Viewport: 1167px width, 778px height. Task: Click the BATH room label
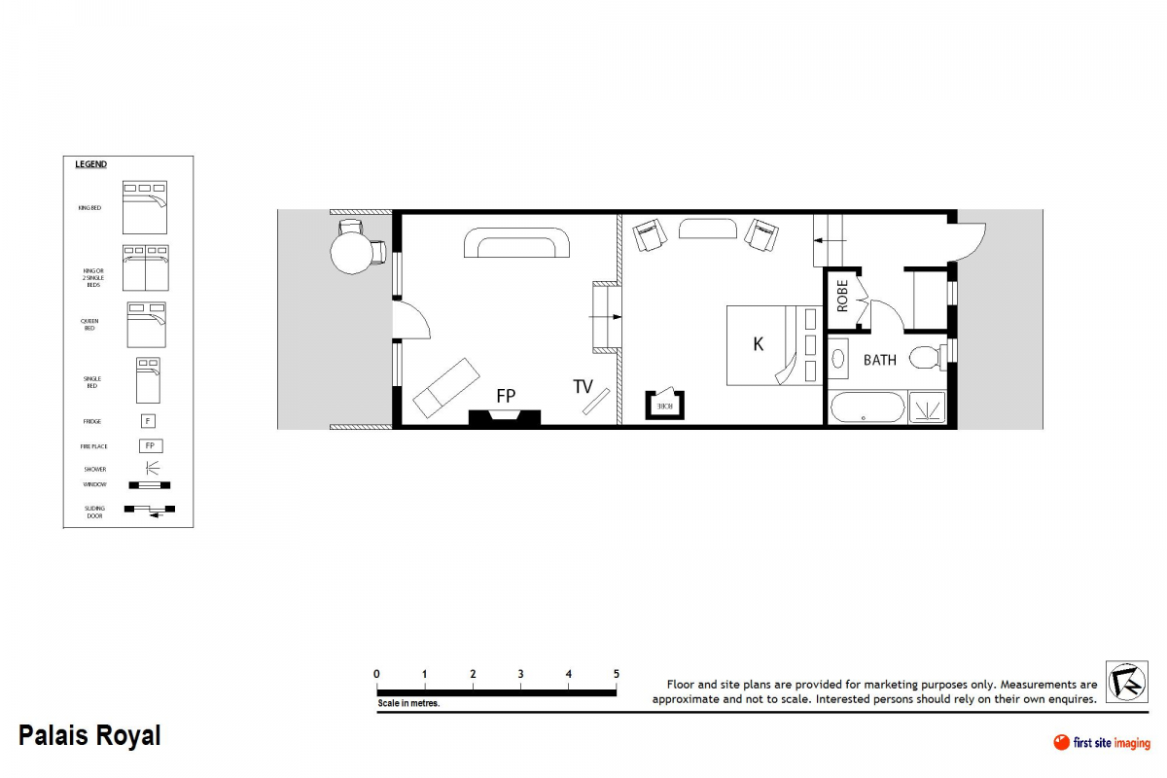click(880, 360)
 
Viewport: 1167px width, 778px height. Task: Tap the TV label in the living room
click(583, 387)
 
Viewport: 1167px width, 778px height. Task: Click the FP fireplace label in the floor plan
click(506, 396)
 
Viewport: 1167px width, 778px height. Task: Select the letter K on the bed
click(759, 344)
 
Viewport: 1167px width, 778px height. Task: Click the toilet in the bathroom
click(927, 357)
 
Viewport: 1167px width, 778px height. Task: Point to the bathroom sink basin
click(839, 357)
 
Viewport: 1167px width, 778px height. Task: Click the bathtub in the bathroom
click(866, 407)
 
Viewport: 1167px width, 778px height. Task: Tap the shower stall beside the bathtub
click(927, 407)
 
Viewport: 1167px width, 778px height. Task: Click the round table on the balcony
click(351, 252)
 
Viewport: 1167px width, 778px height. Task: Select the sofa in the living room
click(516, 243)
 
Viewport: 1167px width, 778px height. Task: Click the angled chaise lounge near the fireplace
click(446, 387)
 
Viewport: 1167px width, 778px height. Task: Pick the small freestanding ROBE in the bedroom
click(666, 405)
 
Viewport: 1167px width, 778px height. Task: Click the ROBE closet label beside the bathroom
click(842, 296)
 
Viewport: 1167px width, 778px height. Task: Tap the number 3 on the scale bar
click(520, 674)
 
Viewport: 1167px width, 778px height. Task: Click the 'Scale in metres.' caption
click(408, 703)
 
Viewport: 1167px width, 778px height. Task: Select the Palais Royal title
click(89, 736)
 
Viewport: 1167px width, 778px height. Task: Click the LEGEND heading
click(91, 164)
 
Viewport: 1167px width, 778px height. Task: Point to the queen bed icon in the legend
click(147, 325)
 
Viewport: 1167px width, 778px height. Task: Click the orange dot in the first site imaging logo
click(1061, 743)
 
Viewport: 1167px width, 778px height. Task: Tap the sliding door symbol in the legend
click(149, 511)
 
